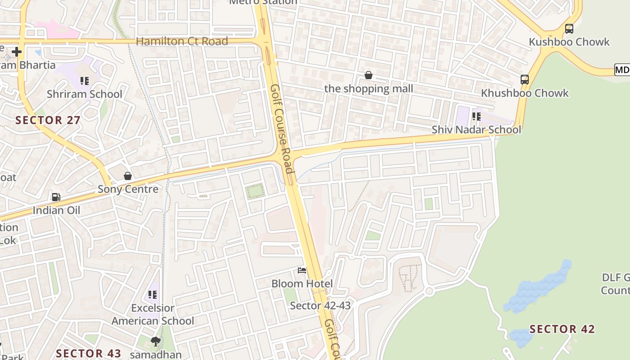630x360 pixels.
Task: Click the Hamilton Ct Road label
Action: pos(182,41)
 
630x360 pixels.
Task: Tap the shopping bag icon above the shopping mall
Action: pos(369,75)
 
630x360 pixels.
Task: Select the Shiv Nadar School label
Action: pos(476,130)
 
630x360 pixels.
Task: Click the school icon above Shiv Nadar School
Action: pos(476,117)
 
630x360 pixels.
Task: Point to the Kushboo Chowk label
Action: pos(569,42)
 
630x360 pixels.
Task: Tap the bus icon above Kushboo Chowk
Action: pos(569,29)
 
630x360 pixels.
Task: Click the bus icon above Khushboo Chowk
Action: pos(524,80)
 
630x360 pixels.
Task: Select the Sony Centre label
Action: pos(128,189)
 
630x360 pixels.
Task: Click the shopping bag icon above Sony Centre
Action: pos(128,176)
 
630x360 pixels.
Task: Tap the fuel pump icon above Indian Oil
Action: pos(56,197)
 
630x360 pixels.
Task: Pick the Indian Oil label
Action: pos(56,210)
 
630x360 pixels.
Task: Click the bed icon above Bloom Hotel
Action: pos(302,270)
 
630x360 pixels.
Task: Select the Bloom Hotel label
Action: pos(302,283)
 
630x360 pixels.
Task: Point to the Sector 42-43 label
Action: pos(320,306)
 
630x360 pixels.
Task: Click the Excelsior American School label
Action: pos(153,315)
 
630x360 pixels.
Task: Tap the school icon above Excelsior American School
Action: pos(153,295)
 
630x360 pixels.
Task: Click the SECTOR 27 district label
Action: pos(48,120)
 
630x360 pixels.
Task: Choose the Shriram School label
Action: pos(85,94)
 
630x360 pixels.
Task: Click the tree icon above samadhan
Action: pos(156,342)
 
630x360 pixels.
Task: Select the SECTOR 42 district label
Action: pos(562,329)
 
